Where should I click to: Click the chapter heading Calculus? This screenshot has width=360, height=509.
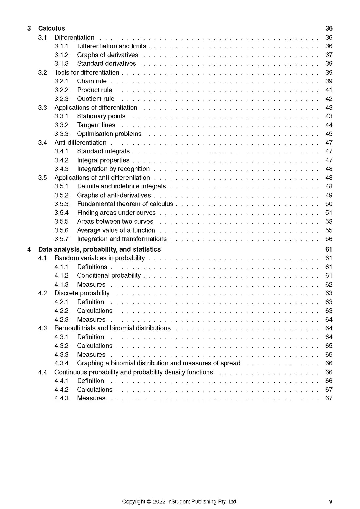tap(51, 28)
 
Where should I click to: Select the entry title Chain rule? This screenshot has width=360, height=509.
tap(92, 81)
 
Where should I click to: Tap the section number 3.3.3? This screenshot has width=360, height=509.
tap(62, 134)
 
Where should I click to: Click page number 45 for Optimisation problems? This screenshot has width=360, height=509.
tap(329, 134)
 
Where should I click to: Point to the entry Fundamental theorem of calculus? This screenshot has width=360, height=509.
tap(125, 204)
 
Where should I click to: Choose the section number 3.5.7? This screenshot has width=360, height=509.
tap(62, 239)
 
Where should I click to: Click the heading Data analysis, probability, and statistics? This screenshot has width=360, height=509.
tap(99, 249)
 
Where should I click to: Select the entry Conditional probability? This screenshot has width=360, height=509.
tap(109, 275)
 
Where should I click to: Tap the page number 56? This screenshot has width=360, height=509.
tap(329, 239)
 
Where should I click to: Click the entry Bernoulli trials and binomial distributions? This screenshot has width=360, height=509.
tap(112, 328)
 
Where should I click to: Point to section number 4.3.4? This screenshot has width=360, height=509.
tap(62, 363)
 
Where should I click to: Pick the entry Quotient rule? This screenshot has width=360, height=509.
tap(96, 99)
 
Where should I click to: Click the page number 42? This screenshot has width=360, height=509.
tap(329, 99)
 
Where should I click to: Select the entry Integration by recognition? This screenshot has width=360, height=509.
tap(113, 169)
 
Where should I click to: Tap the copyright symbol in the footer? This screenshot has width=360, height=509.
tap(149, 501)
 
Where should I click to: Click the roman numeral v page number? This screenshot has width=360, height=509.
tap(330, 501)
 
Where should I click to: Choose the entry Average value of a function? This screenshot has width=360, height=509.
tap(116, 230)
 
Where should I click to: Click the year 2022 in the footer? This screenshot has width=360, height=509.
tap(159, 501)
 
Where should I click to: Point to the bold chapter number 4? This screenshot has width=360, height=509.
tap(29, 249)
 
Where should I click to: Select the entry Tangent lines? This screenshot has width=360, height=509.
tap(96, 125)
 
